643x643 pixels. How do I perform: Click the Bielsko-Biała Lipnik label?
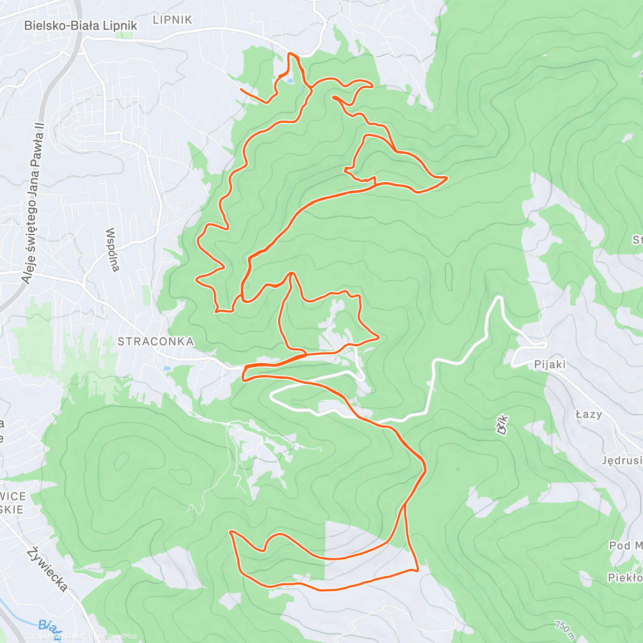click(x=80, y=25)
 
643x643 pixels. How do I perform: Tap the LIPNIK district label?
click(x=172, y=20)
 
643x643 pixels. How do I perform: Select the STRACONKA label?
click(x=155, y=341)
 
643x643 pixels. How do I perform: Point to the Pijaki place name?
click(x=550, y=364)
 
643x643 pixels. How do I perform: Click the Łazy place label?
click(x=588, y=414)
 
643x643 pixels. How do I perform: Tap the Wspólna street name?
click(x=113, y=250)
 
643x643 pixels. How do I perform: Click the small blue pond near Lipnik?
click(x=289, y=81)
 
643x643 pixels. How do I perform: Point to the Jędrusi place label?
click(x=622, y=460)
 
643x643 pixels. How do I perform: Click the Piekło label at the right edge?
click(x=625, y=578)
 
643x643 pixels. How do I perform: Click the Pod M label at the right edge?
click(x=625, y=545)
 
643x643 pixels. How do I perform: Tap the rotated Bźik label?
click(x=502, y=424)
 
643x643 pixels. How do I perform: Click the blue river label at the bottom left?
click(x=49, y=626)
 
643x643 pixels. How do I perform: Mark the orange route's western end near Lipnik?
click(x=241, y=89)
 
